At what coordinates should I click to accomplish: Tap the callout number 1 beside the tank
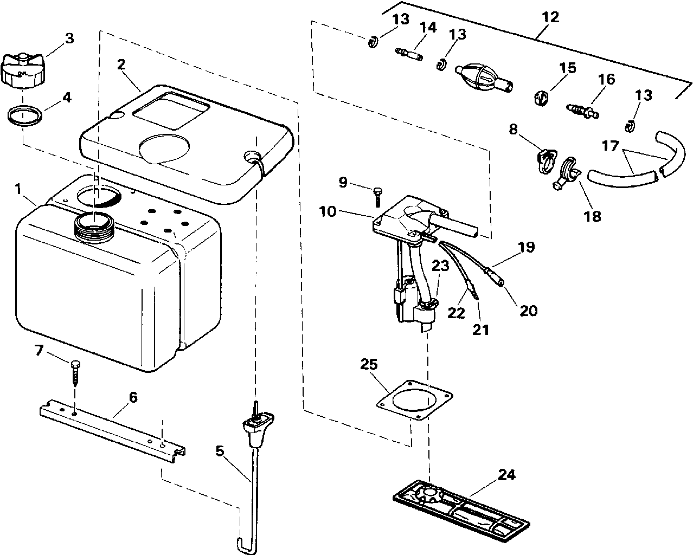(18, 190)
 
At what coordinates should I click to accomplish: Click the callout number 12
(550, 17)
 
